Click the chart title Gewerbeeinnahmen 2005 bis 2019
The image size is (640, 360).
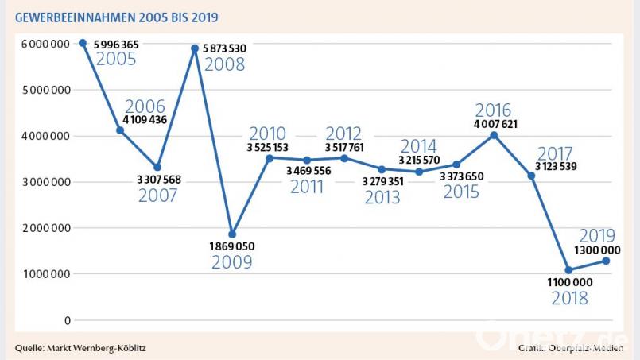click(117, 17)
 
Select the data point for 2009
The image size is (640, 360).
click(232, 234)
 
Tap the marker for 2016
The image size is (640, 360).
click(494, 136)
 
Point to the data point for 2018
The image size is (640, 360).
click(568, 270)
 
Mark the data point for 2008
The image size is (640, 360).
click(194, 48)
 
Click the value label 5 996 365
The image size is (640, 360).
click(116, 45)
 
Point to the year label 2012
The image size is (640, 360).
click(343, 134)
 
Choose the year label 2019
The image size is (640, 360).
click(597, 235)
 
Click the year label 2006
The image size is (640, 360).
click(145, 107)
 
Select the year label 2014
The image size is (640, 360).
click(418, 146)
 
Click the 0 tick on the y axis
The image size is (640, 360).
click(68, 320)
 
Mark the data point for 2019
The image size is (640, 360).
click(606, 261)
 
